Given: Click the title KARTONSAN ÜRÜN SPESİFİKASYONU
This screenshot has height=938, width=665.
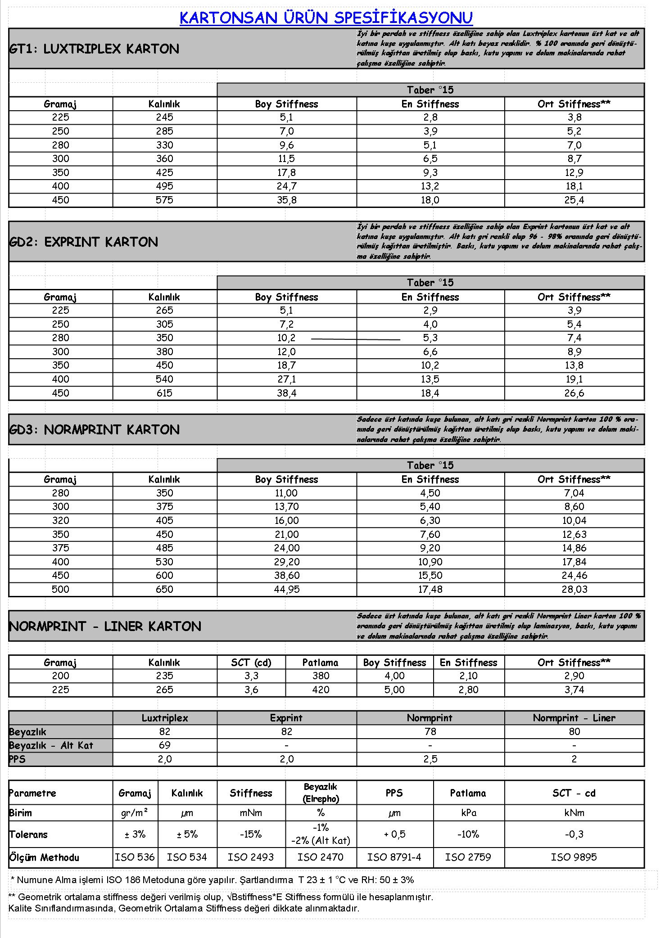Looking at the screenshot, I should point(326,18).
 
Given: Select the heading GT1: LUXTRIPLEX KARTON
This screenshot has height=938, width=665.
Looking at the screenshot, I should point(94,49).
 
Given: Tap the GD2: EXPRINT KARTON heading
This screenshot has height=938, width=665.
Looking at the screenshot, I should point(84,242).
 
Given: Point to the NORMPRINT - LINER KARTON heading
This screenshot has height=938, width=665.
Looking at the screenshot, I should point(105,626).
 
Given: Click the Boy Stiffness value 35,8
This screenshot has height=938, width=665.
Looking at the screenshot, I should point(287,200).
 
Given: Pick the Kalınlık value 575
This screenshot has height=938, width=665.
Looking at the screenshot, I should point(164,200).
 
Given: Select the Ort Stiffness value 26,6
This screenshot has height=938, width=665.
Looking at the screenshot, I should point(574,393).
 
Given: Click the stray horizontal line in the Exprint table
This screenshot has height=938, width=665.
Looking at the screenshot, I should point(356,338).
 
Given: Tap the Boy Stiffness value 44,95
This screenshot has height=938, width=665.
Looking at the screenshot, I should point(287,589).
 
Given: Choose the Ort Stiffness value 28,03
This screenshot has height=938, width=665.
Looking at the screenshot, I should point(574,589).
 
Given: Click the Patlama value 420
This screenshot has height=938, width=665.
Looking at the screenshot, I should point(321,690).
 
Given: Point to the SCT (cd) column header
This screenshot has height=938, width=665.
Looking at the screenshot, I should point(251,663).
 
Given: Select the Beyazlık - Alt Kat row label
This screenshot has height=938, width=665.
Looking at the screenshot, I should point(51,745).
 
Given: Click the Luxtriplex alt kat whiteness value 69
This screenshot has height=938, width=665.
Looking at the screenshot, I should point(164,745).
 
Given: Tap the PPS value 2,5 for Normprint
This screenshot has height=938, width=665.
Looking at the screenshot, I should point(430,759).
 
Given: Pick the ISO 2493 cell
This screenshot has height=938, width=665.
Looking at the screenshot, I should point(251,857).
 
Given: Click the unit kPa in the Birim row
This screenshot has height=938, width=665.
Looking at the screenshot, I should point(468,813).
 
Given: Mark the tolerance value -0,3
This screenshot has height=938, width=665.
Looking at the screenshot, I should point(574,834).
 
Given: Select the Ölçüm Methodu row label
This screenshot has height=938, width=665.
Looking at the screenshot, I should point(44,857).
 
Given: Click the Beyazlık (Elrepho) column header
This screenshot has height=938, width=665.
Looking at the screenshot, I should point(321,793).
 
